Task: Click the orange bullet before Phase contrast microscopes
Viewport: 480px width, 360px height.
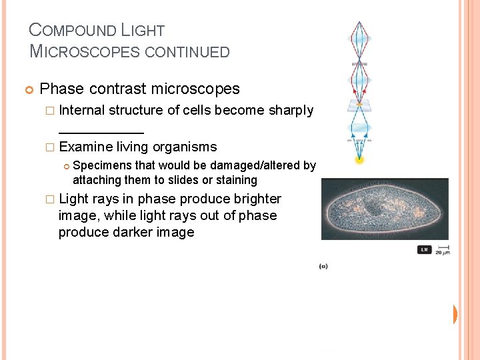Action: coord(29,89)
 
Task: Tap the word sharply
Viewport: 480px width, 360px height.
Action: coord(291,111)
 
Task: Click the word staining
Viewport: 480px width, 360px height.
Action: coord(236,180)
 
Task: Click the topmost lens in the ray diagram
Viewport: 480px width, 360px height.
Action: coord(360,39)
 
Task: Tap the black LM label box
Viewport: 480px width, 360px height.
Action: coord(424,249)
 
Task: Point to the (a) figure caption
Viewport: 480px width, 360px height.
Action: coord(323,267)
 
